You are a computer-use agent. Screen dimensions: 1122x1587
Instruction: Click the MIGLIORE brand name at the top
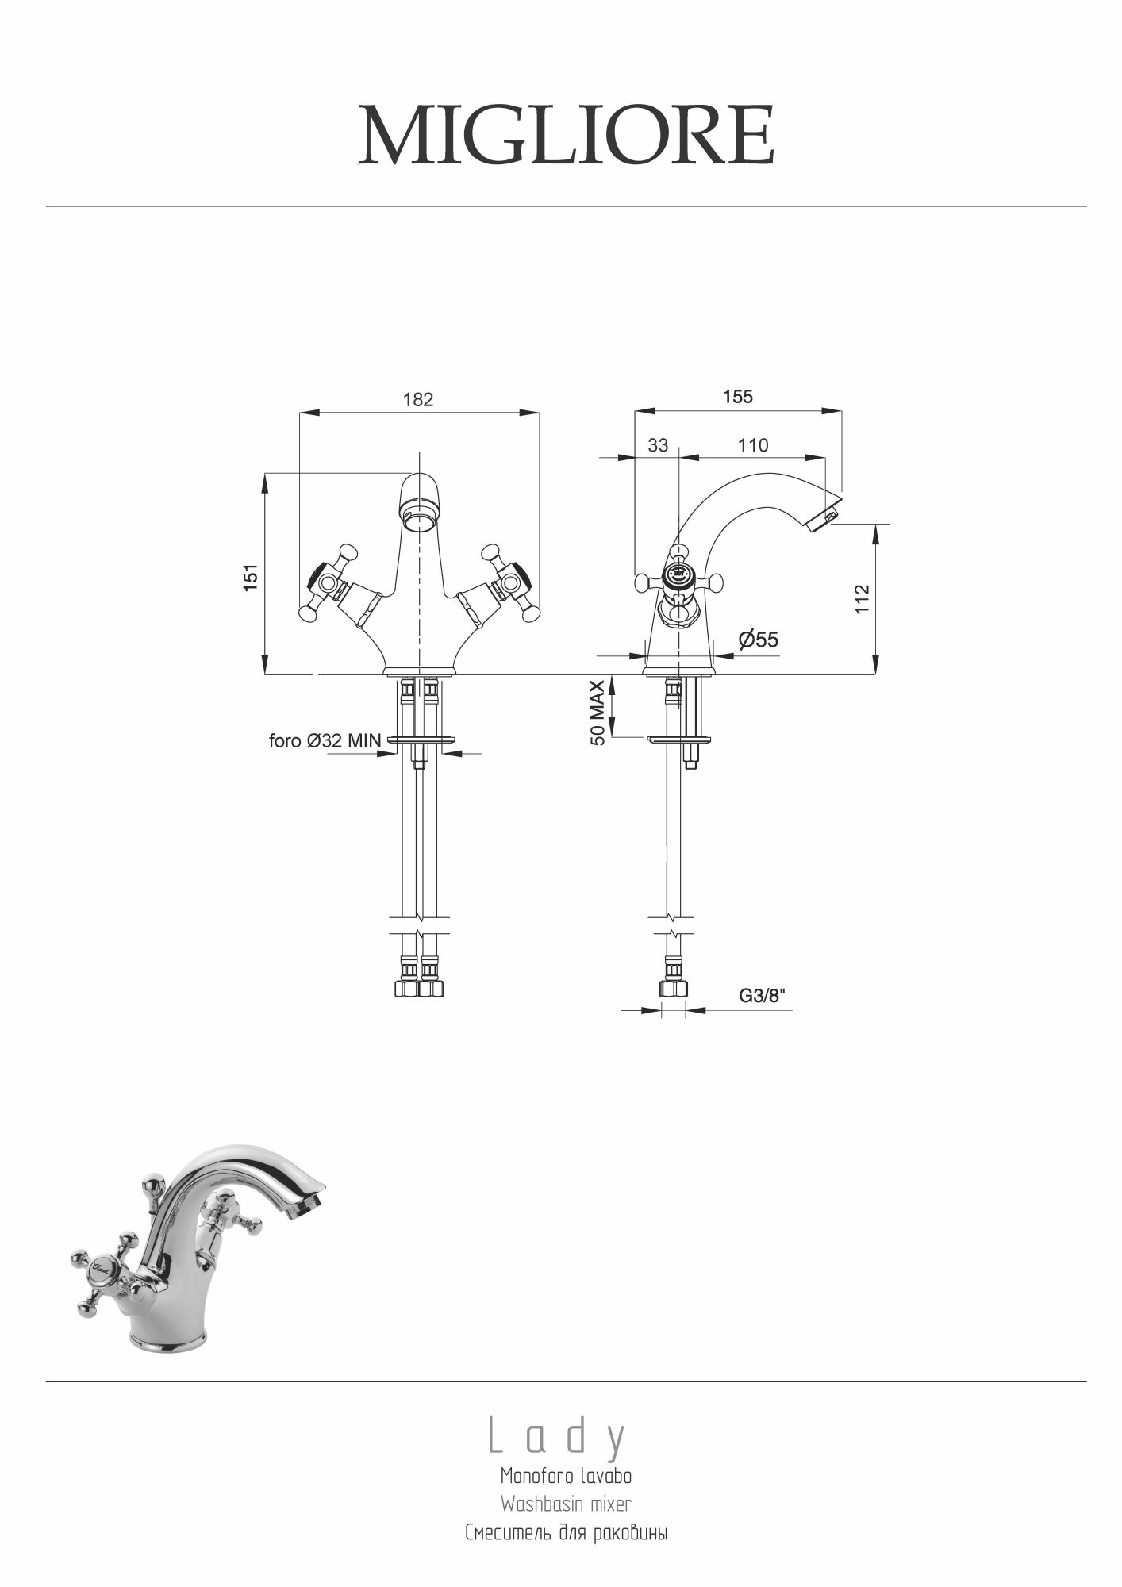[x=566, y=135]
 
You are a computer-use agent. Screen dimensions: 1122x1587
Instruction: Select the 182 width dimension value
[x=418, y=399]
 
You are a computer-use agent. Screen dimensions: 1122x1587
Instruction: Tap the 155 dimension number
[x=738, y=396]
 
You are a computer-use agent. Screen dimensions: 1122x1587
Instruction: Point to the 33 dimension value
[x=658, y=445]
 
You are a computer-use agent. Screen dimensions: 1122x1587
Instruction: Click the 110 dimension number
[x=753, y=445]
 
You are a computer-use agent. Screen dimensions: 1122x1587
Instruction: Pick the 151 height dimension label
[x=251, y=577]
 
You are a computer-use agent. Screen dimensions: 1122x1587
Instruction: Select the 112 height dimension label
[x=863, y=599]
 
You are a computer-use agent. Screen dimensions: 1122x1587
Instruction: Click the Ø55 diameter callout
[x=759, y=640]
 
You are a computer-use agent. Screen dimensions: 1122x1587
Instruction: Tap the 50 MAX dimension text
[x=598, y=713]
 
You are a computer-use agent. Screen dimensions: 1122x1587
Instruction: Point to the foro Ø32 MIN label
[x=325, y=741]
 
